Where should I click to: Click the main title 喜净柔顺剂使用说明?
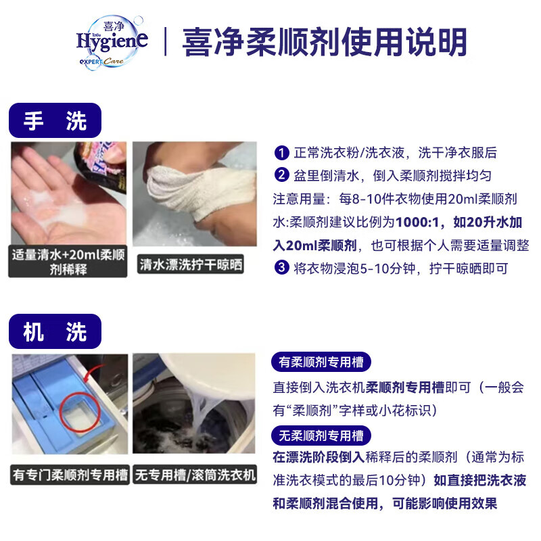(325, 42)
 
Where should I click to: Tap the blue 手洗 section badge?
(55, 120)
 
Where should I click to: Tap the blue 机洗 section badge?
(55, 331)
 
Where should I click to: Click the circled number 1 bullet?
(281, 153)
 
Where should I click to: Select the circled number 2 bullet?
(281, 175)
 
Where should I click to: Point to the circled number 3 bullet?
(281, 268)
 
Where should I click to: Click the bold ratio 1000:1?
(417, 222)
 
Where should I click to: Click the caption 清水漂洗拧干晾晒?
(191, 264)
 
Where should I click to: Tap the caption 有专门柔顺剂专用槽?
(70, 475)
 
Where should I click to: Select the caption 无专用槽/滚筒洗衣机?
(195, 475)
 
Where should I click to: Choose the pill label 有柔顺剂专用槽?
(321, 362)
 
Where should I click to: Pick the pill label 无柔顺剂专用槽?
(321, 436)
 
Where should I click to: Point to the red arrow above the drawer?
(93, 373)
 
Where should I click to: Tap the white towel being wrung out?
(201, 191)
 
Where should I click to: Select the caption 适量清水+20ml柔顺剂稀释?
(68, 262)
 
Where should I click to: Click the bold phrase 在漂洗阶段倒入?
(319, 457)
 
